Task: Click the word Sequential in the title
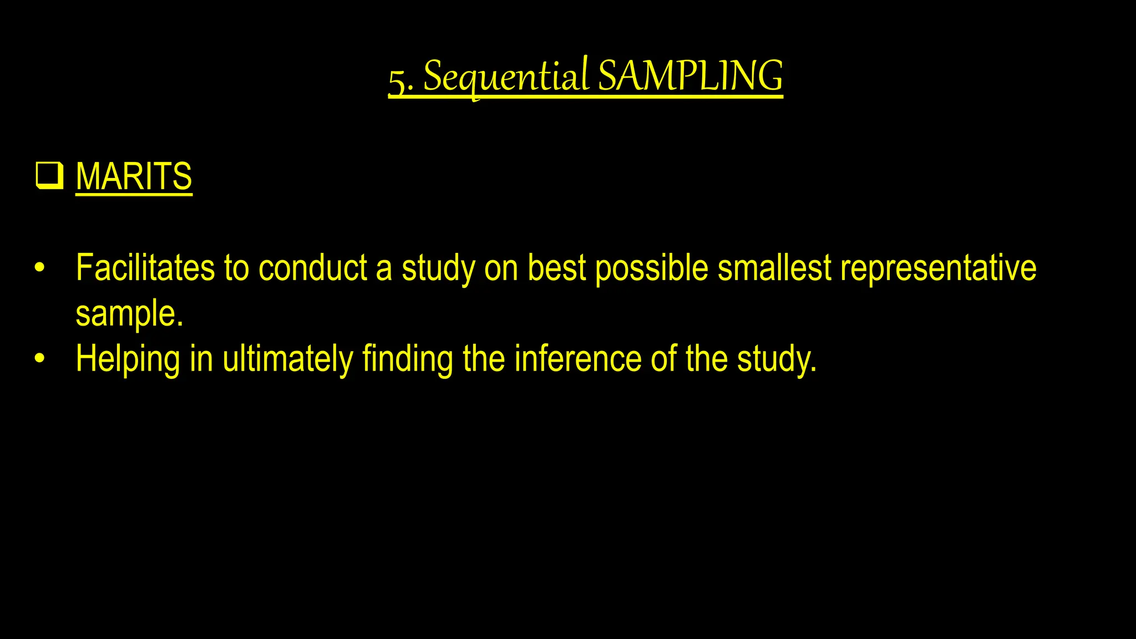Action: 505,77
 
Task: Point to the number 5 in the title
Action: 398,81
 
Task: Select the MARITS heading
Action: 134,176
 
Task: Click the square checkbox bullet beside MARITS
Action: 49,176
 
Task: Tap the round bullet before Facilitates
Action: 39,268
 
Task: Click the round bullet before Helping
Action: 39,359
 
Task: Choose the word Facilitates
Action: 145,268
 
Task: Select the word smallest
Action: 774,268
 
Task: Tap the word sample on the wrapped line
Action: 129,315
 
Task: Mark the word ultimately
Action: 287,359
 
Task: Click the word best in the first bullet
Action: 556,268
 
